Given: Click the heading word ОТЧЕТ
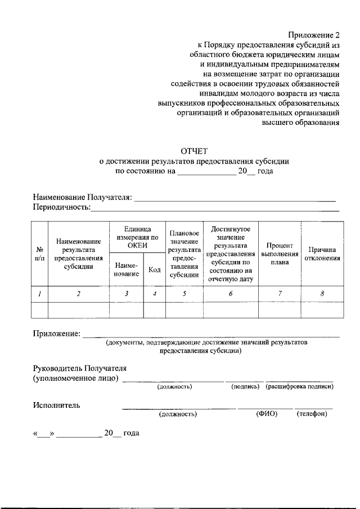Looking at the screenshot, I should pos(193,151).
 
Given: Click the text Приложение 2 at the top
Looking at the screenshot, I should pos(314,35).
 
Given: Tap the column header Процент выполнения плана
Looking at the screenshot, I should pos(280,254).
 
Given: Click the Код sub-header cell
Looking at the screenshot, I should pos(154,269).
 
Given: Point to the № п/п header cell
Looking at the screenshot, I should pos(40,254).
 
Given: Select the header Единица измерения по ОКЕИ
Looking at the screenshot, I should pos(137,237).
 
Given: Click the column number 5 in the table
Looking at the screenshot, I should pos(184,294).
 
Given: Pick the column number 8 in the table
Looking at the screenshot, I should pos(322,294).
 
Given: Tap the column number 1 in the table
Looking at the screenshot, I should pos(40,294).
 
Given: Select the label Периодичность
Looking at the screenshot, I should pos(61,208).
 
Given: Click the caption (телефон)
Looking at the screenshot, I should pos(312,414).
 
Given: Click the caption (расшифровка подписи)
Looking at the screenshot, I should pos(300,386).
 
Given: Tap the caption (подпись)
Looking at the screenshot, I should pos(245,386).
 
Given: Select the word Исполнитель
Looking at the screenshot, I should pos(56,404).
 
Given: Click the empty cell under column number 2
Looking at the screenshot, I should pos(78,310).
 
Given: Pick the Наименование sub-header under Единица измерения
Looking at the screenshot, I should pos(127,269).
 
